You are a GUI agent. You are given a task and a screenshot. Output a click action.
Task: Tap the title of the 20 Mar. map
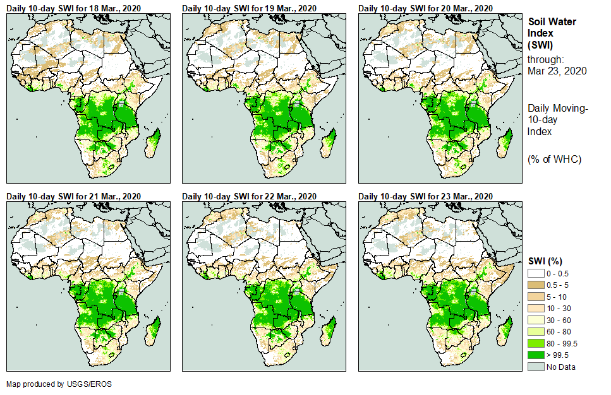425,8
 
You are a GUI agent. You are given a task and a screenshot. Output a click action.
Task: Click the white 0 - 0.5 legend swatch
536,273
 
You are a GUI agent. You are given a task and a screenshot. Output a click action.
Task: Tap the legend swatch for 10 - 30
536,308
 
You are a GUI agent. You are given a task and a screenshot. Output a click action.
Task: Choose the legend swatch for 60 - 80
536,331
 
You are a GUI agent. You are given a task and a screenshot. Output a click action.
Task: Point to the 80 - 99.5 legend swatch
536,343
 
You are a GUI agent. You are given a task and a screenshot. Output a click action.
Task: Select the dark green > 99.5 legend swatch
536,355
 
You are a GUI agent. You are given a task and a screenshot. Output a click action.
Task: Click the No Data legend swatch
536,367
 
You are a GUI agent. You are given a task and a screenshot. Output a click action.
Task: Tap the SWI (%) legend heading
545,261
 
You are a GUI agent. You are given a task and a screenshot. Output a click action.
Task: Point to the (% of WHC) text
554,158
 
